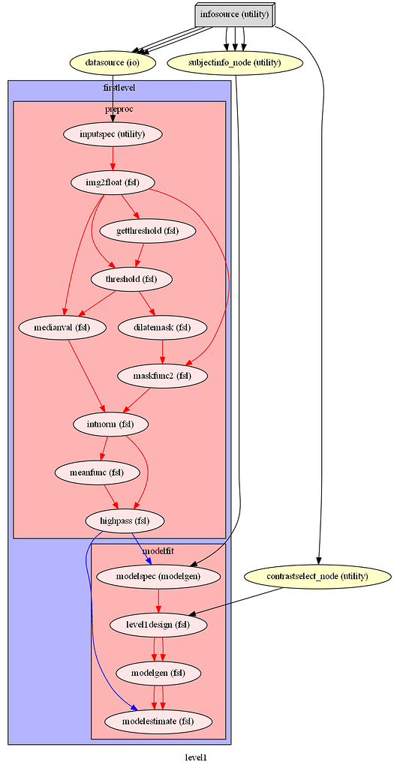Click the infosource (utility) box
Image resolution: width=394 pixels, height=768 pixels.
coord(234,14)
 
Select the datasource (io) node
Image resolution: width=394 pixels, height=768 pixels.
coord(112,63)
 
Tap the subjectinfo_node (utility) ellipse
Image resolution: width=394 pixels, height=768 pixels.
coord(236,63)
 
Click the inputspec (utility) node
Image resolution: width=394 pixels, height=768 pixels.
coord(113,135)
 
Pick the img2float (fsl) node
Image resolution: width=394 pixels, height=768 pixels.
coord(113,182)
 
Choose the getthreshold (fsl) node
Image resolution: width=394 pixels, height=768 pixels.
coord(147,231)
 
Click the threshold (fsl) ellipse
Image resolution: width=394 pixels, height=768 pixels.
coord(131,279)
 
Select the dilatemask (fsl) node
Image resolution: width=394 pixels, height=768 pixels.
coord(162,327)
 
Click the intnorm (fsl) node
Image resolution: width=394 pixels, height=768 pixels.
coord(110,424)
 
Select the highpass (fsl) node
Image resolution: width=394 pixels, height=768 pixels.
coord(125,520)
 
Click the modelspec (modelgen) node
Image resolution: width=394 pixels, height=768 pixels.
coord(158,576)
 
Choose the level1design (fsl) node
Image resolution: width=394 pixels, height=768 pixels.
coord(158,624)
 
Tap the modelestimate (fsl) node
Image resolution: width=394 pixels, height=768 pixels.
coord(158,721)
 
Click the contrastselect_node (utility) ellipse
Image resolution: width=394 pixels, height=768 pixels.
coord(318,576)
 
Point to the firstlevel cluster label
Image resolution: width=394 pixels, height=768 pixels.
coord(119,88)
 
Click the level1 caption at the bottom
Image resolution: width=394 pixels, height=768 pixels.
coord(195,757)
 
